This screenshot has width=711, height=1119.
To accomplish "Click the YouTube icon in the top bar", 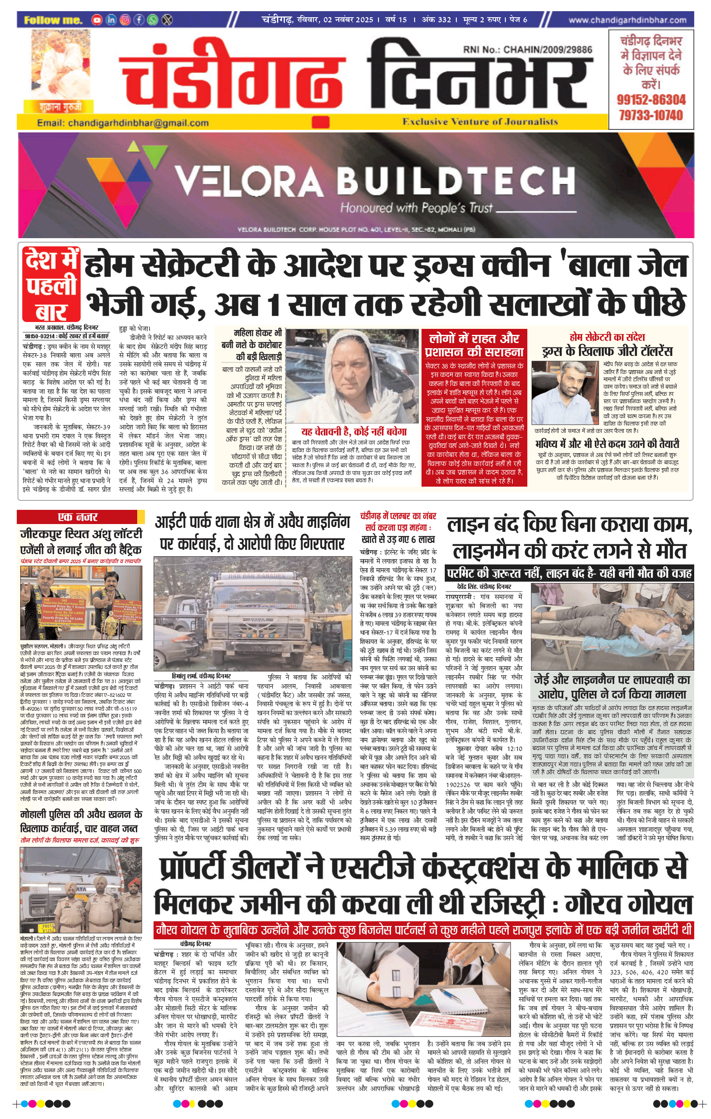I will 97,20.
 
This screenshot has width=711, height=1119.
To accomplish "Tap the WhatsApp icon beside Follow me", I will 153,20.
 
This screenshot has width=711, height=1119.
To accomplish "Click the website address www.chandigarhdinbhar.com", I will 627,20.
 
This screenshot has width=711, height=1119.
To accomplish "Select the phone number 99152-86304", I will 651,99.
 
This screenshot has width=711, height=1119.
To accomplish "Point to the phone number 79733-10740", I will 651,115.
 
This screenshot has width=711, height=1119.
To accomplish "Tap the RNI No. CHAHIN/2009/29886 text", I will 527,49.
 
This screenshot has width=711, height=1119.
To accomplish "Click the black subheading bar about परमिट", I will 569,573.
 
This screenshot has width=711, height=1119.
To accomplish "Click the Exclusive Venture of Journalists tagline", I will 480,122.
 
